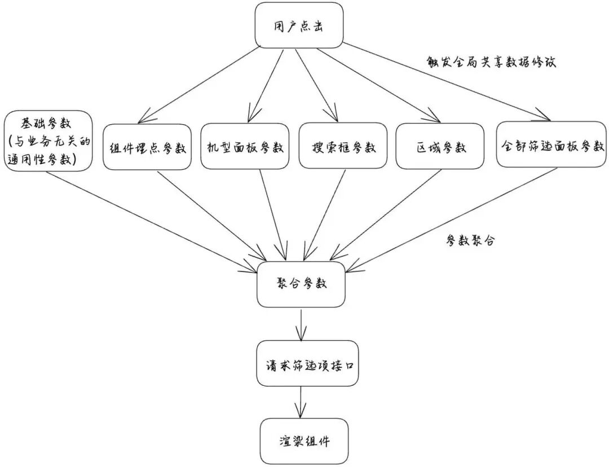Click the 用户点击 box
(x=299, y=25)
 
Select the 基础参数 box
(x=47, y=140)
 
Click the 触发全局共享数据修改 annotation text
(x=492, y=62)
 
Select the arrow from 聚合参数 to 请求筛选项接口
(x=302, y=323)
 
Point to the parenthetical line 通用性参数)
(x=47, y=160)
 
